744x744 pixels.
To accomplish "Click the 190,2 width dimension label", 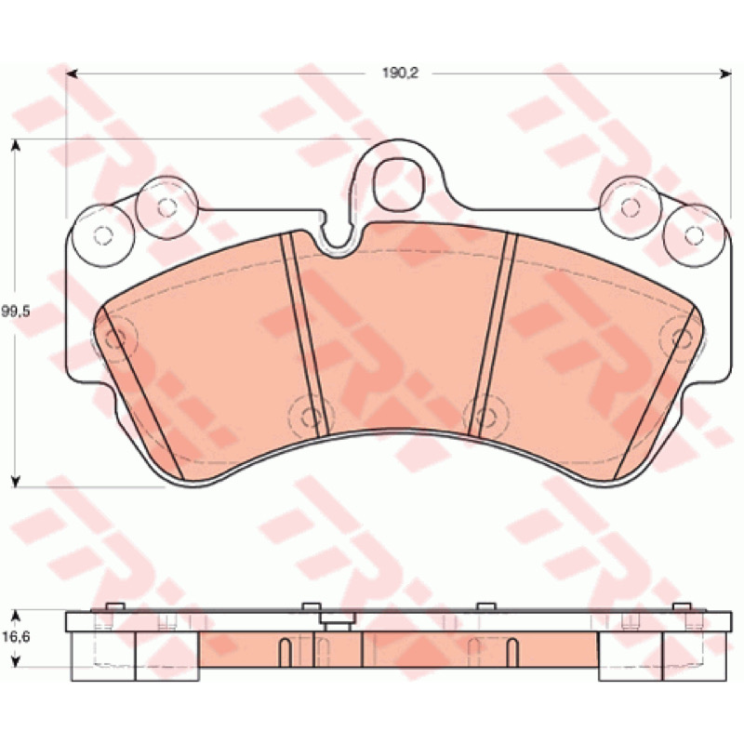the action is (401, 73).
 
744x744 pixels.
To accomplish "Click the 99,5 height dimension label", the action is (16, 312).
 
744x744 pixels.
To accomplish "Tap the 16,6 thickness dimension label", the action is (16, 637).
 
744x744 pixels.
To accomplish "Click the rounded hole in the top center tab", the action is (398, 185).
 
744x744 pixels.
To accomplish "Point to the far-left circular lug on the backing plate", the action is (103, 236).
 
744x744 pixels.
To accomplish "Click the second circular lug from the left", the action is (166, 207).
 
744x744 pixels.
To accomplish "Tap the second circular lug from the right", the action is (631, 207).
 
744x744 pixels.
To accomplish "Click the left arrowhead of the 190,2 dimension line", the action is (72, 73).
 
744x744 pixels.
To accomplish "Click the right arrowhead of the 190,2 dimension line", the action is (725, 73).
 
